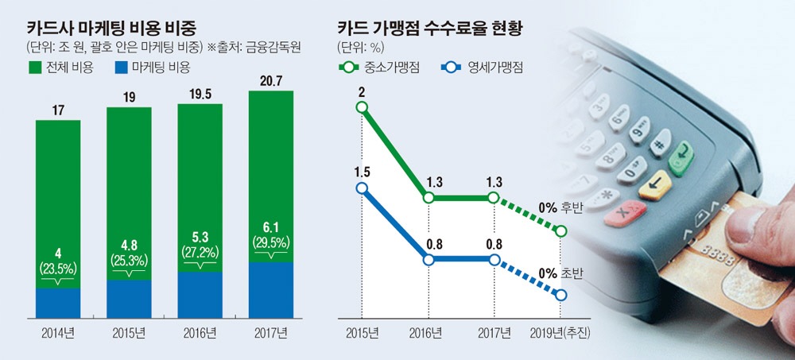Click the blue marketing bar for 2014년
[58, 303]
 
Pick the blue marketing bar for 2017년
[270, 289]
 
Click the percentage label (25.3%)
[129, 259]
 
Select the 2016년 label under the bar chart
[200, 331]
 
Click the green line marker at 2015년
[363, 107]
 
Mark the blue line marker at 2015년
[363, 188]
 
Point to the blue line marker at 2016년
[429, 260]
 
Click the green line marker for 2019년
[562, 231]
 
